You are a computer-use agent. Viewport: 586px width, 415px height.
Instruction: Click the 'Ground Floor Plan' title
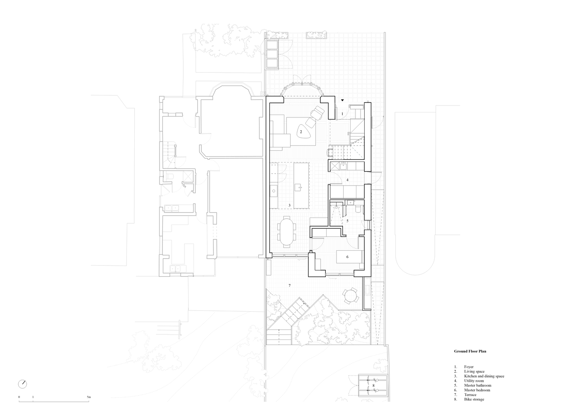pos(470,352)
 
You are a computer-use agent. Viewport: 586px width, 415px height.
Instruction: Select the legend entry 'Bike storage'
pos(474,399)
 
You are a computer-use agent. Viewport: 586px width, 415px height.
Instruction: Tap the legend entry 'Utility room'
pos(474,381)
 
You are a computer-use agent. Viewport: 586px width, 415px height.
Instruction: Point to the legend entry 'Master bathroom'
pos(478,386)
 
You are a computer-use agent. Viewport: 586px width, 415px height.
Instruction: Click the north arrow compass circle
pos(22,384)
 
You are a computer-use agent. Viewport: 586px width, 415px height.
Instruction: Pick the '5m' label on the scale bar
pos(89,397)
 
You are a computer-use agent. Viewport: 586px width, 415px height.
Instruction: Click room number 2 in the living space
pos(301,132)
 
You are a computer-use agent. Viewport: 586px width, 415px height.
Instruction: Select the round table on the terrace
pos(350,296)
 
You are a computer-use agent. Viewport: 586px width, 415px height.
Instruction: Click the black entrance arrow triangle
pos(342,100)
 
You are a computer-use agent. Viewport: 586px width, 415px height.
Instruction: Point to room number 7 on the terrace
pos(290,286)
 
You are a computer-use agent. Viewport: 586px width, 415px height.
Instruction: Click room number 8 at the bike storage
pos(373,386)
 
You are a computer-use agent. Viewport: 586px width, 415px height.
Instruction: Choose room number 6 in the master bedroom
pos(347,257)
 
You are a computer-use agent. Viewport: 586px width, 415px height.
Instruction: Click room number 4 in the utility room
pos(347,180)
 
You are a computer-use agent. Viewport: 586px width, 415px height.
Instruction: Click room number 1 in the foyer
pos(342,114)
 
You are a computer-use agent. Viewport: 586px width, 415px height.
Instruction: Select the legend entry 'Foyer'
pos(469,367)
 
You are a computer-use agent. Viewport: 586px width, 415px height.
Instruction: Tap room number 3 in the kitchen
pos(289,205)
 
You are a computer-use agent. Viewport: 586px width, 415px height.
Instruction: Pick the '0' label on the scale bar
pos(19,397)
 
